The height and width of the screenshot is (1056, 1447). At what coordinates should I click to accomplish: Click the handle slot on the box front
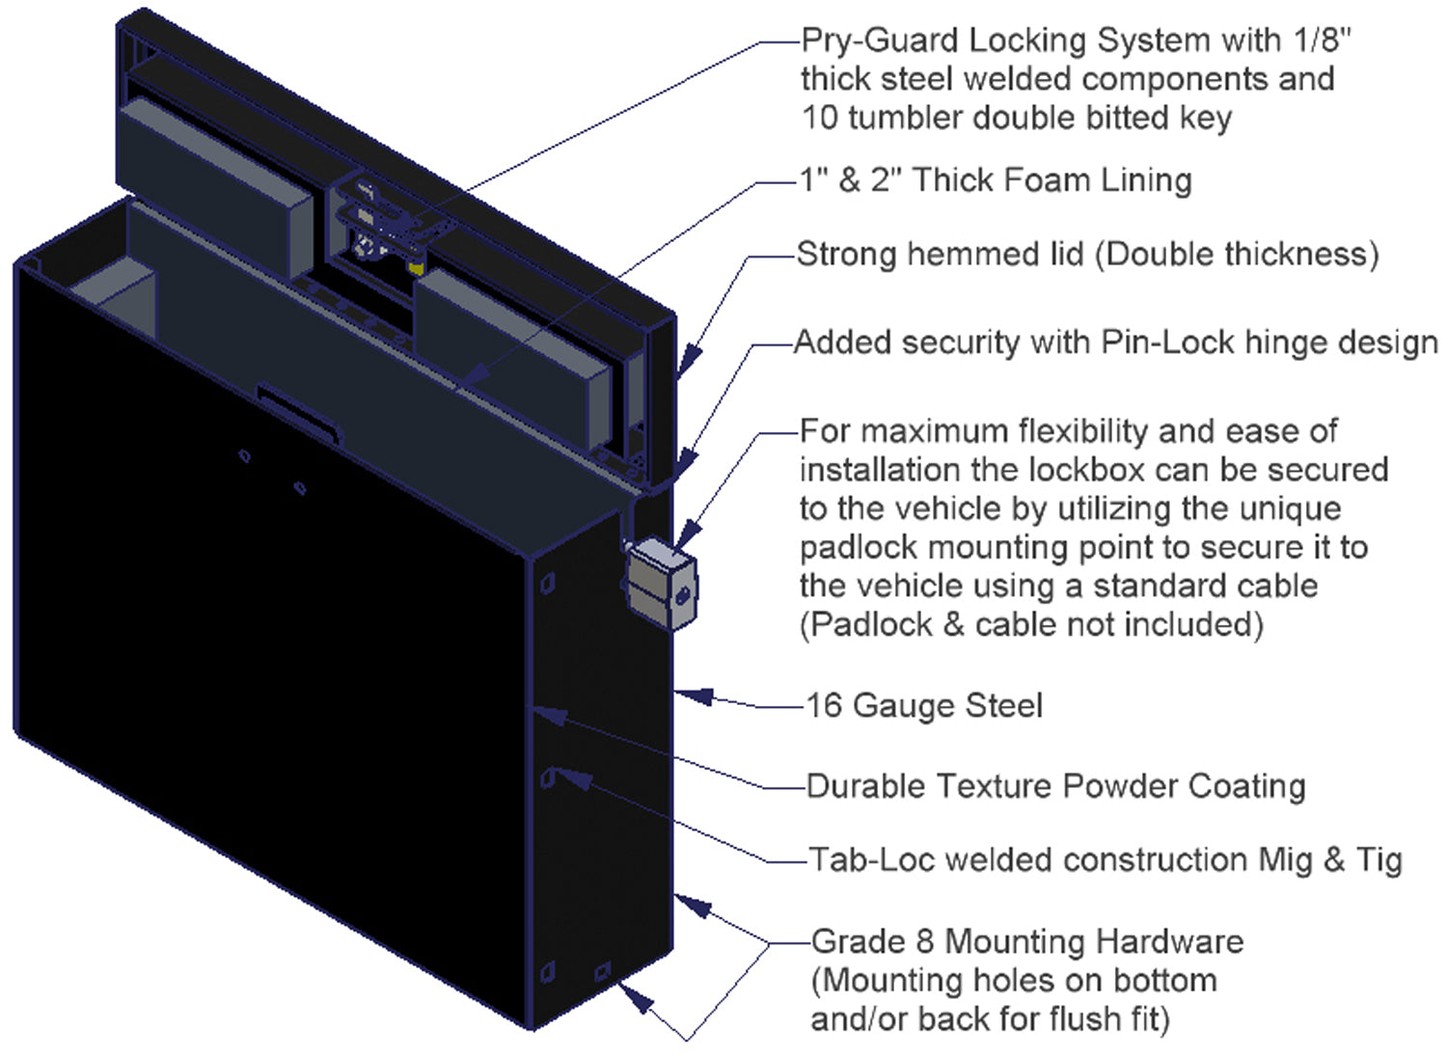(299, 413)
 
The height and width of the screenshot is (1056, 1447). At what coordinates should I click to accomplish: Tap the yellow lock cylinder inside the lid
(417, 264)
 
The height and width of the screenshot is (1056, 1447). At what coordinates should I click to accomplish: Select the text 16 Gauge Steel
(924, 706)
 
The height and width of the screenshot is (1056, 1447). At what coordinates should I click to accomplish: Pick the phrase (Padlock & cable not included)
(1031, 625)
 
